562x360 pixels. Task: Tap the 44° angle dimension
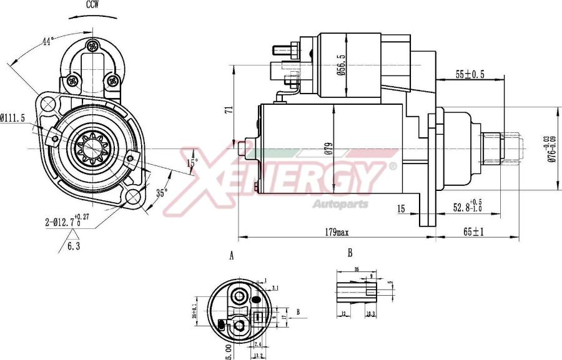pos(47,41)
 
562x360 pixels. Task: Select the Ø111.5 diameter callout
pos(12,117)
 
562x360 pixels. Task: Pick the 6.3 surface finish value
pos(74,246)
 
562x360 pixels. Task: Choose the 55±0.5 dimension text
pos(470,74)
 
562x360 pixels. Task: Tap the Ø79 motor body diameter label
pos(327,148)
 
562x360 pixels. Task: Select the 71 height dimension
pos(229,109)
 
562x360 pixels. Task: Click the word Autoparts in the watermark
pos(340,204)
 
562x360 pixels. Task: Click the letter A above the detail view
pos(232,256)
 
